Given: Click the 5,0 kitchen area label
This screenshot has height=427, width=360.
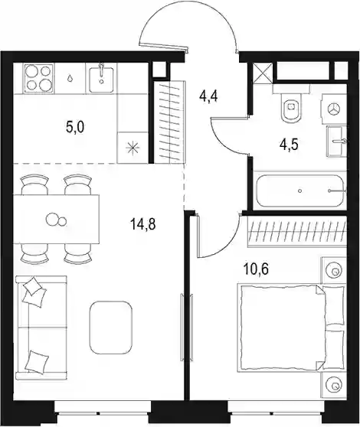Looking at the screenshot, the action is (x=75, y=127).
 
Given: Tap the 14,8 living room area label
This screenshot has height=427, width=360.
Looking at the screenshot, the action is (x=142, y=224).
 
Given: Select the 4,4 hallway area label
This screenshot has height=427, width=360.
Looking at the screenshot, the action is (x=208, y=96).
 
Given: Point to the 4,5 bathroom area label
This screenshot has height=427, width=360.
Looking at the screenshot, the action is (x=289, y=145).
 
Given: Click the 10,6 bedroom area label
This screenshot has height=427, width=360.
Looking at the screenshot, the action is (x=256, y=269).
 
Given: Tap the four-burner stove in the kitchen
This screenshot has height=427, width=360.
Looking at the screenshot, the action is (x=38, y=78).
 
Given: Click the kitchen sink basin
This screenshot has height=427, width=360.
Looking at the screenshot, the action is (x=101, y=79).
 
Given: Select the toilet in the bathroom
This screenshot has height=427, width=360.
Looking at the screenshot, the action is (x=291, y=104).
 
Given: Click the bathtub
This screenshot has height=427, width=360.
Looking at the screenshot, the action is (x=300, y=191).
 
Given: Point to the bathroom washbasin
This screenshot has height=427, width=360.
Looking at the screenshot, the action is (x=337, y=141).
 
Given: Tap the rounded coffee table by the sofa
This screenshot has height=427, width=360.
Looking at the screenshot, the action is (x=111, y=328).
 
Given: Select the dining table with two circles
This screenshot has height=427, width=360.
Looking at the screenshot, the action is (x=56, y=219).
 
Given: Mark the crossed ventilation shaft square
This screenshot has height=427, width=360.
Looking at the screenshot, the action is (x=263, y=73).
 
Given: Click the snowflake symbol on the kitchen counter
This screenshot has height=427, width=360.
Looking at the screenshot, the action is (x=133, y=148).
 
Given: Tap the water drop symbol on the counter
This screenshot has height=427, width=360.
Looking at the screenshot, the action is (x=70, y=78).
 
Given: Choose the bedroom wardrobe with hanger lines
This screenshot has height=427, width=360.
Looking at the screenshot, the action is (x=297, y=231).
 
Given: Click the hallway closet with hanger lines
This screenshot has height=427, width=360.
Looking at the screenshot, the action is (x=169, y=122).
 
